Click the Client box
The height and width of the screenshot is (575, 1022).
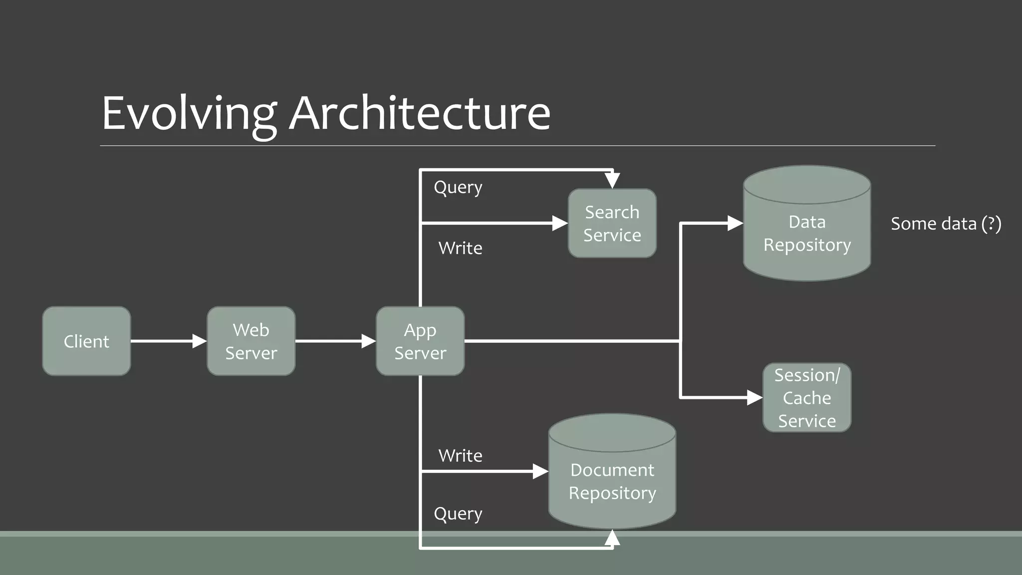coord(86,341)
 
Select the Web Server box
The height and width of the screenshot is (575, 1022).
coord(251,341)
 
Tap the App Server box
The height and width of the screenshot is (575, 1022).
coord(420,341)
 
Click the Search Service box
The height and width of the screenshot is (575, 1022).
coord(612,223)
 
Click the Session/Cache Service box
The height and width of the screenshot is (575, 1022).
coord(807,397)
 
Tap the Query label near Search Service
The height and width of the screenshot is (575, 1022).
coord(458,187)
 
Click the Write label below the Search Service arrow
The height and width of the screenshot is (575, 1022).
coord(460,248)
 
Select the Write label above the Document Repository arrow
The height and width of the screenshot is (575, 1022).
coord(460,455)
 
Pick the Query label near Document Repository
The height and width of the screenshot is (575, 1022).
coord(458,514)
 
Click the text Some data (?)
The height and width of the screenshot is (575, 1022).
coord(946,224)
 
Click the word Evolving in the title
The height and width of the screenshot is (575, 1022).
coord(189,113)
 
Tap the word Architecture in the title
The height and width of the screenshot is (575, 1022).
coord(420,113)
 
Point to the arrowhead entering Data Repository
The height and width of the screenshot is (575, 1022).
coord(735,223)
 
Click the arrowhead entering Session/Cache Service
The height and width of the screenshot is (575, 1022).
coord(755,397)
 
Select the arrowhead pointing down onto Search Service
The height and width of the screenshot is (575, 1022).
coord(612,180)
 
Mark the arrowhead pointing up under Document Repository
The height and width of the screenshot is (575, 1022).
coord(612,538)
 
